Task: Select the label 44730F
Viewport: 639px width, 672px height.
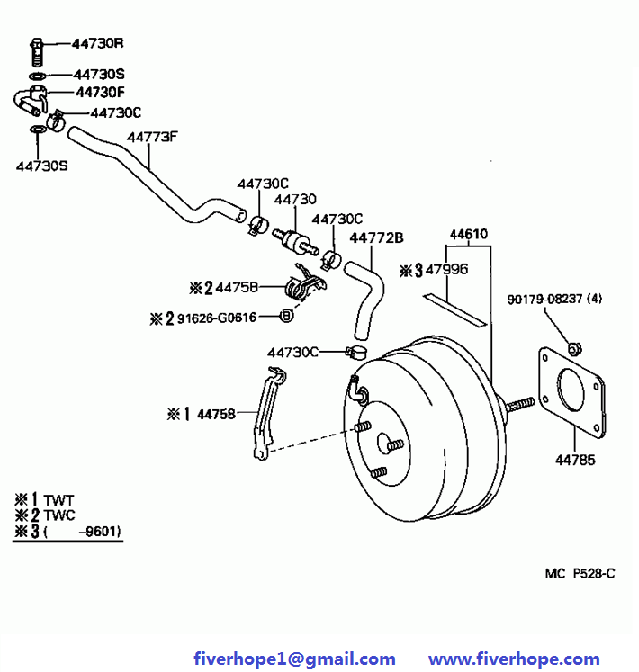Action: (99, 91)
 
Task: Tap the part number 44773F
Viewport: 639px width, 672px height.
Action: (152, 138)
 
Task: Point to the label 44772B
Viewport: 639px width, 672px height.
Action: (376, 237)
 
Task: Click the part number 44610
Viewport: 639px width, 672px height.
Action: (468, 236)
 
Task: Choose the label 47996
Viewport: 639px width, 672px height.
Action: (447, 269)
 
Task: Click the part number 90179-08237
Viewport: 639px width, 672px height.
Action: (544, 300)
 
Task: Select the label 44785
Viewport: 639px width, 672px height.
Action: (575, 461)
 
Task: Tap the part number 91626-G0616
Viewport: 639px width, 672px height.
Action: (217, 317)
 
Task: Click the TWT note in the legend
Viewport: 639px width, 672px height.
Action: (58, 499)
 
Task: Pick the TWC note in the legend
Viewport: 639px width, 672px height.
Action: (59, 515)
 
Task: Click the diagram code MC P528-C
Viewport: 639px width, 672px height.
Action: (580, 572)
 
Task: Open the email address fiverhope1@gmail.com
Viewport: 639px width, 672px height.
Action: (294, 659)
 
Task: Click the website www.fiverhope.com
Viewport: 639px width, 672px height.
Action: (514, 659)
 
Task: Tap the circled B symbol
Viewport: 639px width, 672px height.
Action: (286, 316)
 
